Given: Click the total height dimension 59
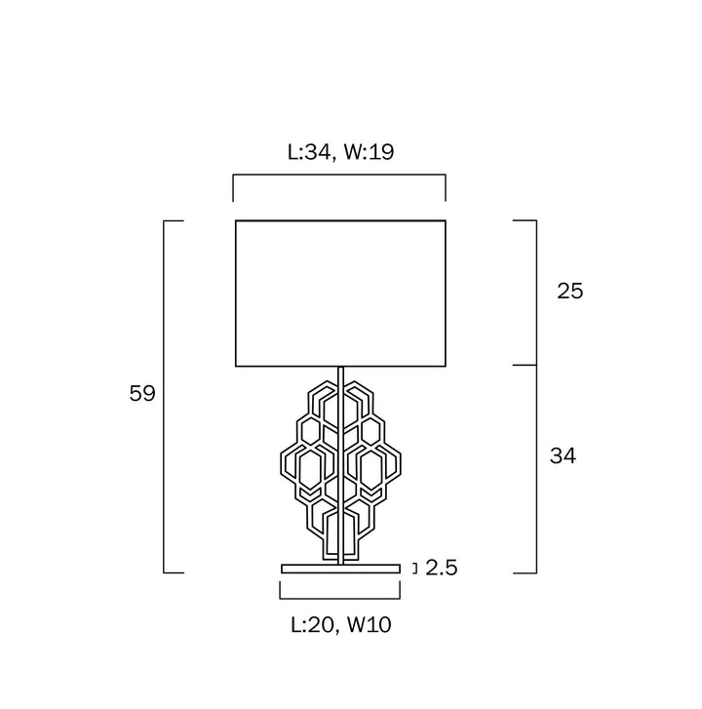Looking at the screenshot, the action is pos(142,393).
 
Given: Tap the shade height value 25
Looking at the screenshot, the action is pos(570,291).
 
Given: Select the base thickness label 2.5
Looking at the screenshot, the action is pos(441,568).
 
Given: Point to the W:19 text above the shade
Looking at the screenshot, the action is pos(369,152).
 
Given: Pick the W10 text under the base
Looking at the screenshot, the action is pos(369,624).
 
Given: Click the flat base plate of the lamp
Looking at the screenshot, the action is pos(340,569).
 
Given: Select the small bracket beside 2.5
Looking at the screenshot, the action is pos(416,569).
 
